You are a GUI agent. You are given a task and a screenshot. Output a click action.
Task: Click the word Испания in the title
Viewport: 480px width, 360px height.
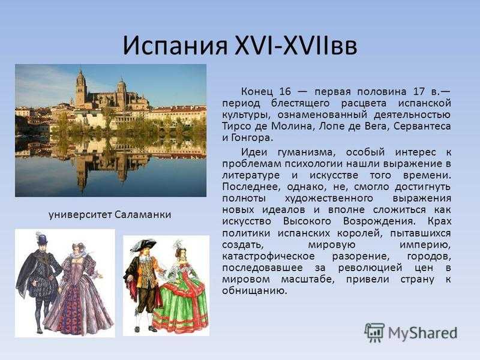click(x=175, y=46)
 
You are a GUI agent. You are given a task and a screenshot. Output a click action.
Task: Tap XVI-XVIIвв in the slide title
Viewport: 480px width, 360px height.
click(x=296, y=46)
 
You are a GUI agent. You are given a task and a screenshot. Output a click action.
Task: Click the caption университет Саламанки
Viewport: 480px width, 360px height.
click(x=110, y=215)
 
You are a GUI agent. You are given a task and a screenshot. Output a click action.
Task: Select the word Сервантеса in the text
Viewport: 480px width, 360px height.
click(x=422, y=126)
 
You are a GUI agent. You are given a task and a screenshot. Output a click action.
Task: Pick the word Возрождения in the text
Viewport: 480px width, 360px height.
click(x=379, y=221)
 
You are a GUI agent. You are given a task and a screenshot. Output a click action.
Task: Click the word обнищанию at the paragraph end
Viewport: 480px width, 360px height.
click(x=254, y=290)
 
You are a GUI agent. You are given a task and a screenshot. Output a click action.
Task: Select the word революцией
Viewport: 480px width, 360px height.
click(x=370, y=268)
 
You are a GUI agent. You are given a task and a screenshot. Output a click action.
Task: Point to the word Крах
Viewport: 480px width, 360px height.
click(x=439, y=221)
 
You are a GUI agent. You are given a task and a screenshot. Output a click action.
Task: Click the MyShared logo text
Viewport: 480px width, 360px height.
click(x=423, y=333)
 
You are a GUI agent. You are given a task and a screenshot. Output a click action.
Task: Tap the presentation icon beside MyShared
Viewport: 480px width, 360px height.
click(x=374, y=332)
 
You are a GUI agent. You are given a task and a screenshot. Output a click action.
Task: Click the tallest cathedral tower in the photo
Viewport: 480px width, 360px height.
click(x=81, y=89)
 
